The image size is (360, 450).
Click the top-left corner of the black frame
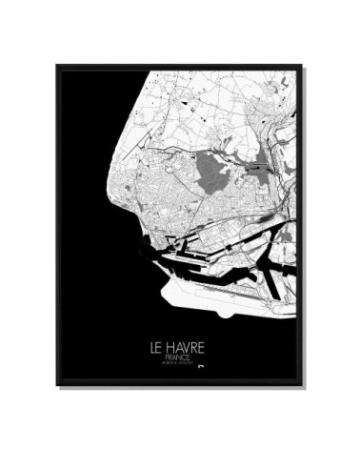click(x=57, y=66)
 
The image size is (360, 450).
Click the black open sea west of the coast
click(x=86, y=191)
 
